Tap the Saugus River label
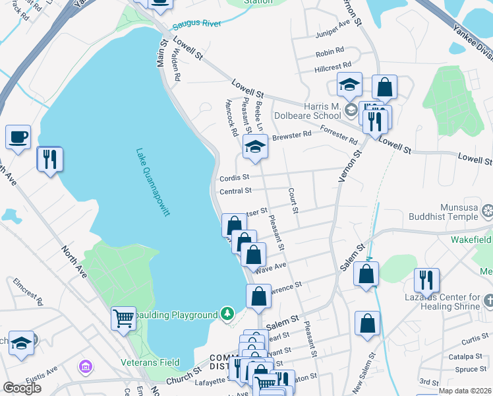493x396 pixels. (194, 26)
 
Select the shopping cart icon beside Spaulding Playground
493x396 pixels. (123, 319)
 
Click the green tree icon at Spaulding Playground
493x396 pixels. (227, 312)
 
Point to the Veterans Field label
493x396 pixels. (150, 362)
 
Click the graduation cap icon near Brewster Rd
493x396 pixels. (254, 147)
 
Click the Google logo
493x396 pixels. (22, 387)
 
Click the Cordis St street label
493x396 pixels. (235, 178)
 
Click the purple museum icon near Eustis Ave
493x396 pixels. (85, 365)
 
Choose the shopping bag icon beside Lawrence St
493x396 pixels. (259, 297)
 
